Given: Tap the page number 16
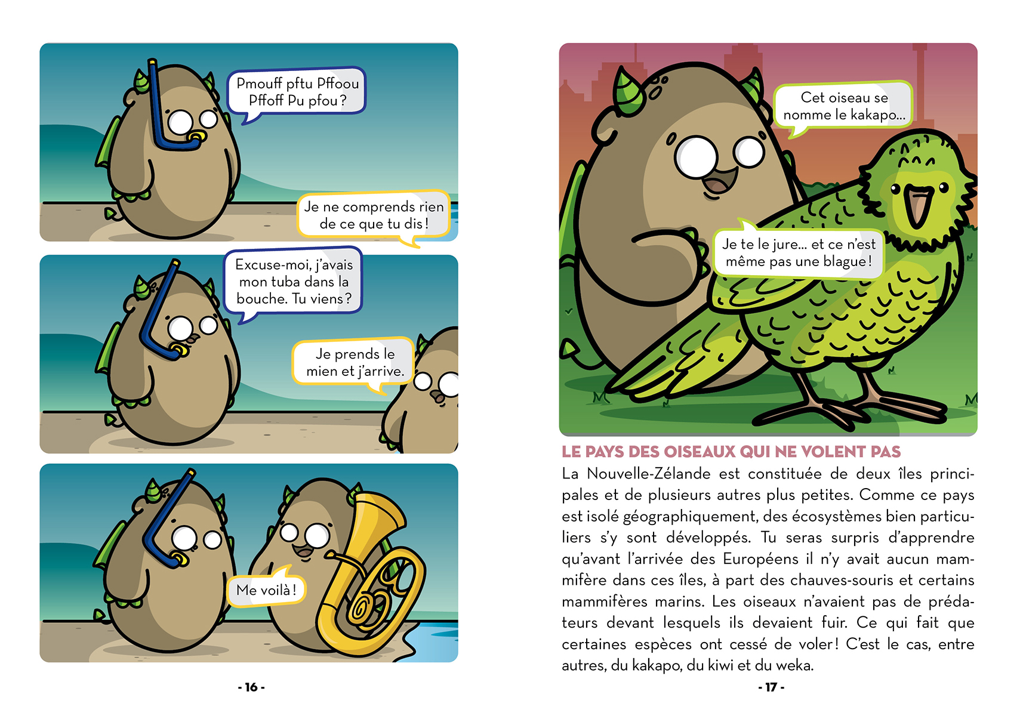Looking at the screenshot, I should pyautogui.click(x=251, y=687).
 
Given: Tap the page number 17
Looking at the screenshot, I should pyautogui.click(x=771, y=687).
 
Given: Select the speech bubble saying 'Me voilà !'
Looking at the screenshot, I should pyautogui.click(x=266, y=590).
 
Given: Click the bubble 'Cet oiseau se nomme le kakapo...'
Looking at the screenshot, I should pyautogui.click(x=843, y=106).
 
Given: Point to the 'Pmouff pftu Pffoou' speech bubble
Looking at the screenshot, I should pyautogui.click(x=297, y=92).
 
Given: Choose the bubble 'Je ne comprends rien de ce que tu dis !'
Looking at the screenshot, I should pyautogui.click(x=374, y=215).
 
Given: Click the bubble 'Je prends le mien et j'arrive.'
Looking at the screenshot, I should pyautogui.click(x=355, y=362).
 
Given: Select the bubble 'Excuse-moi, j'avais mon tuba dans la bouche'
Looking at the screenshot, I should pyautogui.click(x=294, y=282).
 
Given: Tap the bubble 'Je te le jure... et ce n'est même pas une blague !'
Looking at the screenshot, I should pyautogui.click(x=799, y=253).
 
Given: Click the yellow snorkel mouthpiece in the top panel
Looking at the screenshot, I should pyautogui.click(x=195, y=138).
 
